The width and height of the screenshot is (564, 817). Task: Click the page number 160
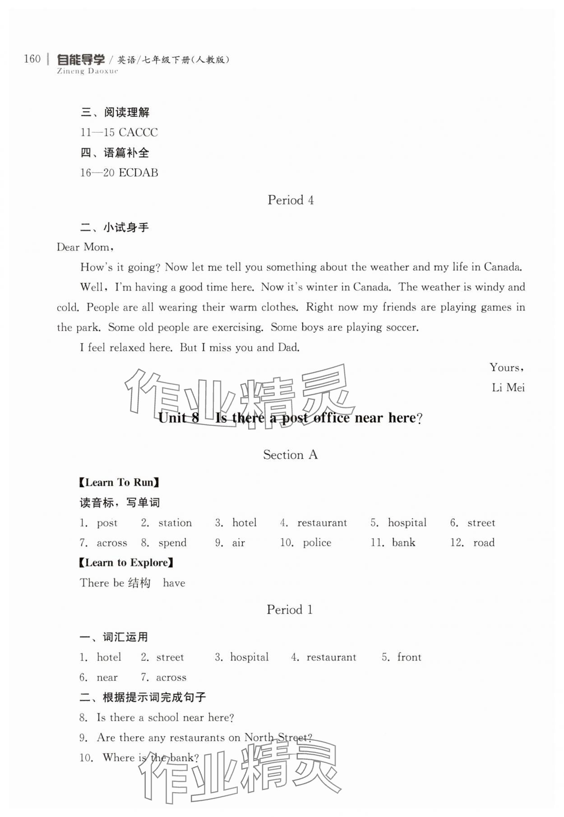click(32, 59)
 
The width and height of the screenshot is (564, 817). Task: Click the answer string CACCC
click(138, 133)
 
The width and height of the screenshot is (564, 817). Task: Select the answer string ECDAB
click(138, 173)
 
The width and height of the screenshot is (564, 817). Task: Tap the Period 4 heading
click(291, 200)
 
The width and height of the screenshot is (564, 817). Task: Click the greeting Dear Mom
click(84, 247)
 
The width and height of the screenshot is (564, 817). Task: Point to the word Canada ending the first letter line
click(503, 267)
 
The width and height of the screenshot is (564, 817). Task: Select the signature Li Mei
click(508, 388)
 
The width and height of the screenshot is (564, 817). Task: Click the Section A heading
click(291, 455)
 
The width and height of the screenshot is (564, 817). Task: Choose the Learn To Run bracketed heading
click(120, 483)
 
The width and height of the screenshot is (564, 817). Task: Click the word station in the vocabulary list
click(175, 523)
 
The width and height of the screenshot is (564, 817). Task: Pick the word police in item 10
click(317, 543)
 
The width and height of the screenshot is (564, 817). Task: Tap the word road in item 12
click(484, 543)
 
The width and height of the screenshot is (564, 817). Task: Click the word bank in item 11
click(403, 543)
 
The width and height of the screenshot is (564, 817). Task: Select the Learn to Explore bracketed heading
click(126, 563)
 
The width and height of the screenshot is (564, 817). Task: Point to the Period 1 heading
click(290, 610)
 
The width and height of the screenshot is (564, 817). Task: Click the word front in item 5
click(409, 657)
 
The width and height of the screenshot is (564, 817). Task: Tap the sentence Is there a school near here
click(165, 718)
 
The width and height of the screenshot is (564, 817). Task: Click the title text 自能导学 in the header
click(81, 60)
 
